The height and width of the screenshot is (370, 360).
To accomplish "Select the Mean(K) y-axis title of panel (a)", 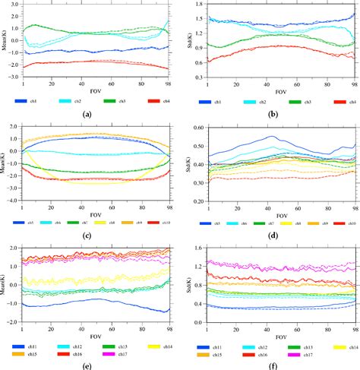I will pyautogui.click(x=5, y=41).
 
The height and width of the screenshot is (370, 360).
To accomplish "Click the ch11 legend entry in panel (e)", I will pyautogui.click(x=33, y=346).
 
